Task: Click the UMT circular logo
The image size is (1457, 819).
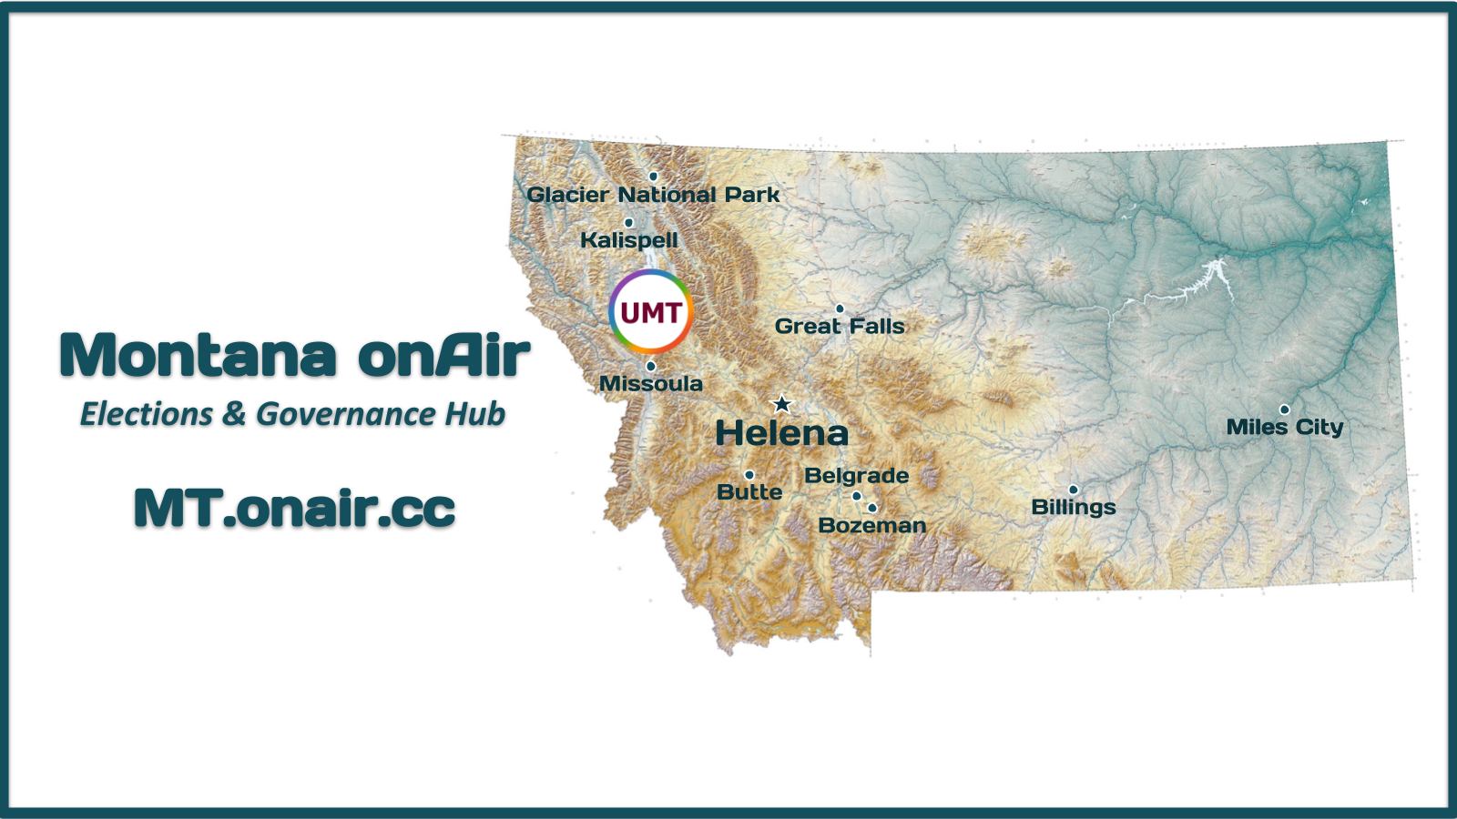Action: (650, 312)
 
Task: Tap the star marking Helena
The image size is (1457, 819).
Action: (782, 404)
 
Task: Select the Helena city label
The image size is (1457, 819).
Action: (782, 433)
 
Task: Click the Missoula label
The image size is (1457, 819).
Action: (650, 383)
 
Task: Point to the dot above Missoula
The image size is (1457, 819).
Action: (650, 367)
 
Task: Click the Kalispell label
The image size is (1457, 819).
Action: (629, 240)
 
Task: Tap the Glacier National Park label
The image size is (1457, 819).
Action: (653, 195)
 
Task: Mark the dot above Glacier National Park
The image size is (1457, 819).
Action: (653, 177)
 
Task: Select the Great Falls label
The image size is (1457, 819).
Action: (840, 326)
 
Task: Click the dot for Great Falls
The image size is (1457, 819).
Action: (840, 308)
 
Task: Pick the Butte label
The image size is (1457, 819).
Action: (749, 492)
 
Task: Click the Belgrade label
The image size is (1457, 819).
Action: (857, 476)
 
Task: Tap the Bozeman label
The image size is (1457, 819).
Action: (872, 525)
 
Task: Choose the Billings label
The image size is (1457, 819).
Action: (1074, 507)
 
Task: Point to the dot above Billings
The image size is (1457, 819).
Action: (1074, 490)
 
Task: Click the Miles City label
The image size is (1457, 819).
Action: (1285, 427)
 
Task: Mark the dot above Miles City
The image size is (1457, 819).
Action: (1285, 409)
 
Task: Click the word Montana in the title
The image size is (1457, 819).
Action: (199, 355)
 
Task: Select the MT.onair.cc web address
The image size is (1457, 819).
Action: (295, 508)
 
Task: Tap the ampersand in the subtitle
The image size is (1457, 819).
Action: (234, 414)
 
